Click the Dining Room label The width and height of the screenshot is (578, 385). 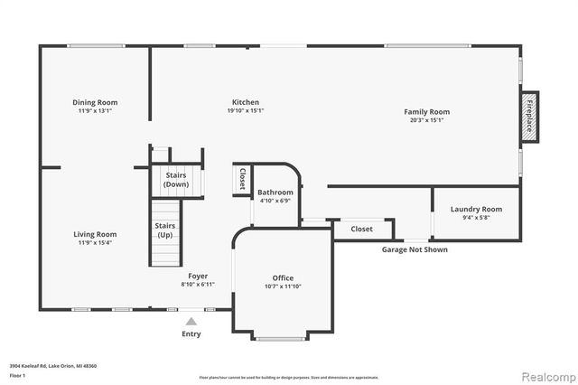pos(95,102)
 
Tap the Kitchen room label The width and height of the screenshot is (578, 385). pos(246,102)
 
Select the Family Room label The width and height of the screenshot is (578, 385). pos(426,111)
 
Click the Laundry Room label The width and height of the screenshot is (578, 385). pos(476,209)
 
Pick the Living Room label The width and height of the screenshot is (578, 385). pos(95,234)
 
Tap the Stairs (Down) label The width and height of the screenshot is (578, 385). pos(176,179)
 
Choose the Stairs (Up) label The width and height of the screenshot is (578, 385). pos(164,230)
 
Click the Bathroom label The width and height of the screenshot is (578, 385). pos(275,192)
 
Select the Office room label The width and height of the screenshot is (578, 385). pos(283,277)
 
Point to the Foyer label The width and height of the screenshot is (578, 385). pos(198,276)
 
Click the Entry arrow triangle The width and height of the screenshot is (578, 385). pos(191,320)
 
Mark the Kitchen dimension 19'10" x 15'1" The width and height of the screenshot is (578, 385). pos(246,111)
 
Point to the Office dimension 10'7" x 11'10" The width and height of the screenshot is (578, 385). pos(283,286)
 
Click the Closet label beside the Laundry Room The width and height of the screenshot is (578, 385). pos(361,229)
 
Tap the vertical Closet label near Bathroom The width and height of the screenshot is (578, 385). pos(243,178)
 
